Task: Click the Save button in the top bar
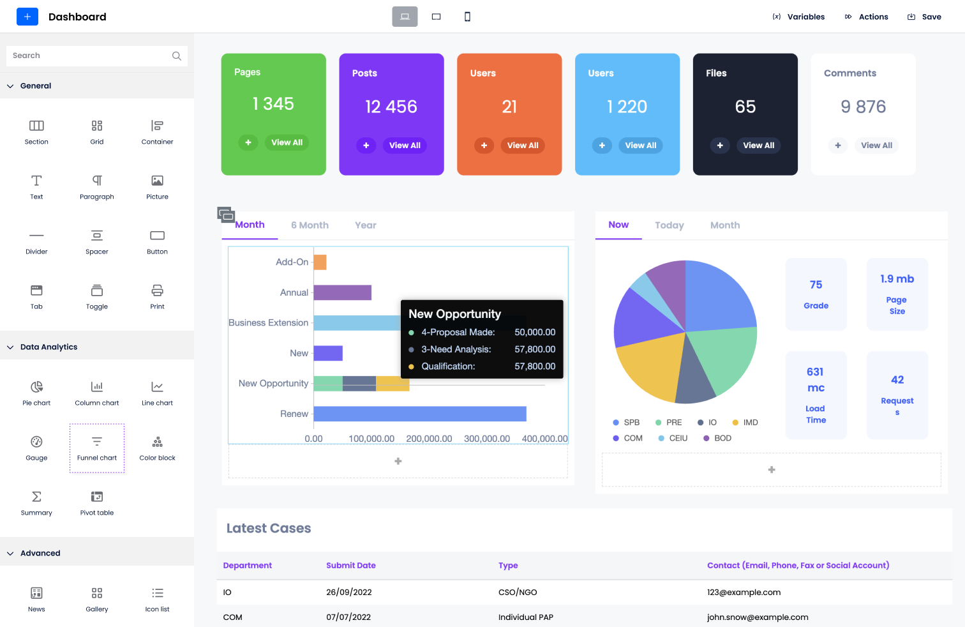924,17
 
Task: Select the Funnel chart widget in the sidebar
97,448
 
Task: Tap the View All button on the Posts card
405,146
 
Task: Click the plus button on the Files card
719,146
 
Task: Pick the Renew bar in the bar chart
419,414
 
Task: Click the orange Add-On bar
320,262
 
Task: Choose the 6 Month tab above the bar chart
310,225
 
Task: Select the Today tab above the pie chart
669,225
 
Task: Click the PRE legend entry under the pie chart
669,423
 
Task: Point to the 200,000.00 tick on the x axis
429,439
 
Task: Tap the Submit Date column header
350,566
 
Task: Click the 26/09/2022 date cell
348,593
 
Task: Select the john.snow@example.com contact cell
757,617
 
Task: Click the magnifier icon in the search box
177,56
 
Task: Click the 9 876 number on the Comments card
863,107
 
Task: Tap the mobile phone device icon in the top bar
467,17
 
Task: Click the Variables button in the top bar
798,17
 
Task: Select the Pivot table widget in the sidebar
97,502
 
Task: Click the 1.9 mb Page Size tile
897,294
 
